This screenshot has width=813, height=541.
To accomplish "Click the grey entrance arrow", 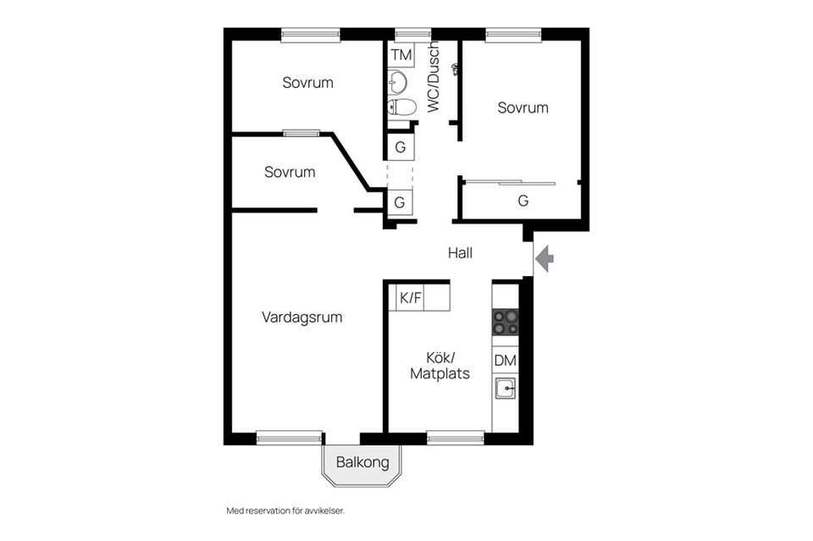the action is tap(545, 258).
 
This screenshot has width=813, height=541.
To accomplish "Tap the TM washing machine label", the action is tap(401, 54).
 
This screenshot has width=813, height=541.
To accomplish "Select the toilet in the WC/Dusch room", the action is tap(402, 107).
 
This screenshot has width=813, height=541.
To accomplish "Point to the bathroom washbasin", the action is tap(397, 82).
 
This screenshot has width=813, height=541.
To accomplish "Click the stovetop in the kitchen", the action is tap(505, 323).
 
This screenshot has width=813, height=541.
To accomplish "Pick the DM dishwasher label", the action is tap(505, 360).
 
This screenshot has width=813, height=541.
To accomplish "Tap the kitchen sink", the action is tap(505, 388).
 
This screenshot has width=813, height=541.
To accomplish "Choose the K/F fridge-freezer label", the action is tap(411, 298).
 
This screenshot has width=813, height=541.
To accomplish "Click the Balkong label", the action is tap(362, 461).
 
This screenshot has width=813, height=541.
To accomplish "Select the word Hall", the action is tap(461, 253).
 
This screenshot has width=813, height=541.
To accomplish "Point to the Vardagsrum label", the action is tap(301, 317).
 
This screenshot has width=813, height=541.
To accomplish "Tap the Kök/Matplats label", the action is tap(440, 366).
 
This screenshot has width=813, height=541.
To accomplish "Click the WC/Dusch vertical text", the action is tap(434, 77).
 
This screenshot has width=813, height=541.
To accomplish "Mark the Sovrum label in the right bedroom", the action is tap(523, 108).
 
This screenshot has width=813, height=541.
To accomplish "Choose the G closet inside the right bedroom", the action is tap(523, 201).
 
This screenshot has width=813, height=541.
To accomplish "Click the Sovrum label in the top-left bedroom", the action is tap(307, 82).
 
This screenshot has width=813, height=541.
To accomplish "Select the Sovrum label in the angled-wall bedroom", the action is tap(290, 172).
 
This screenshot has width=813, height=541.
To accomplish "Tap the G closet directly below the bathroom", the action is tap(401, 147).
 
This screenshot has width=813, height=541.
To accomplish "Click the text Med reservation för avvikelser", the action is tap(285, 511).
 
